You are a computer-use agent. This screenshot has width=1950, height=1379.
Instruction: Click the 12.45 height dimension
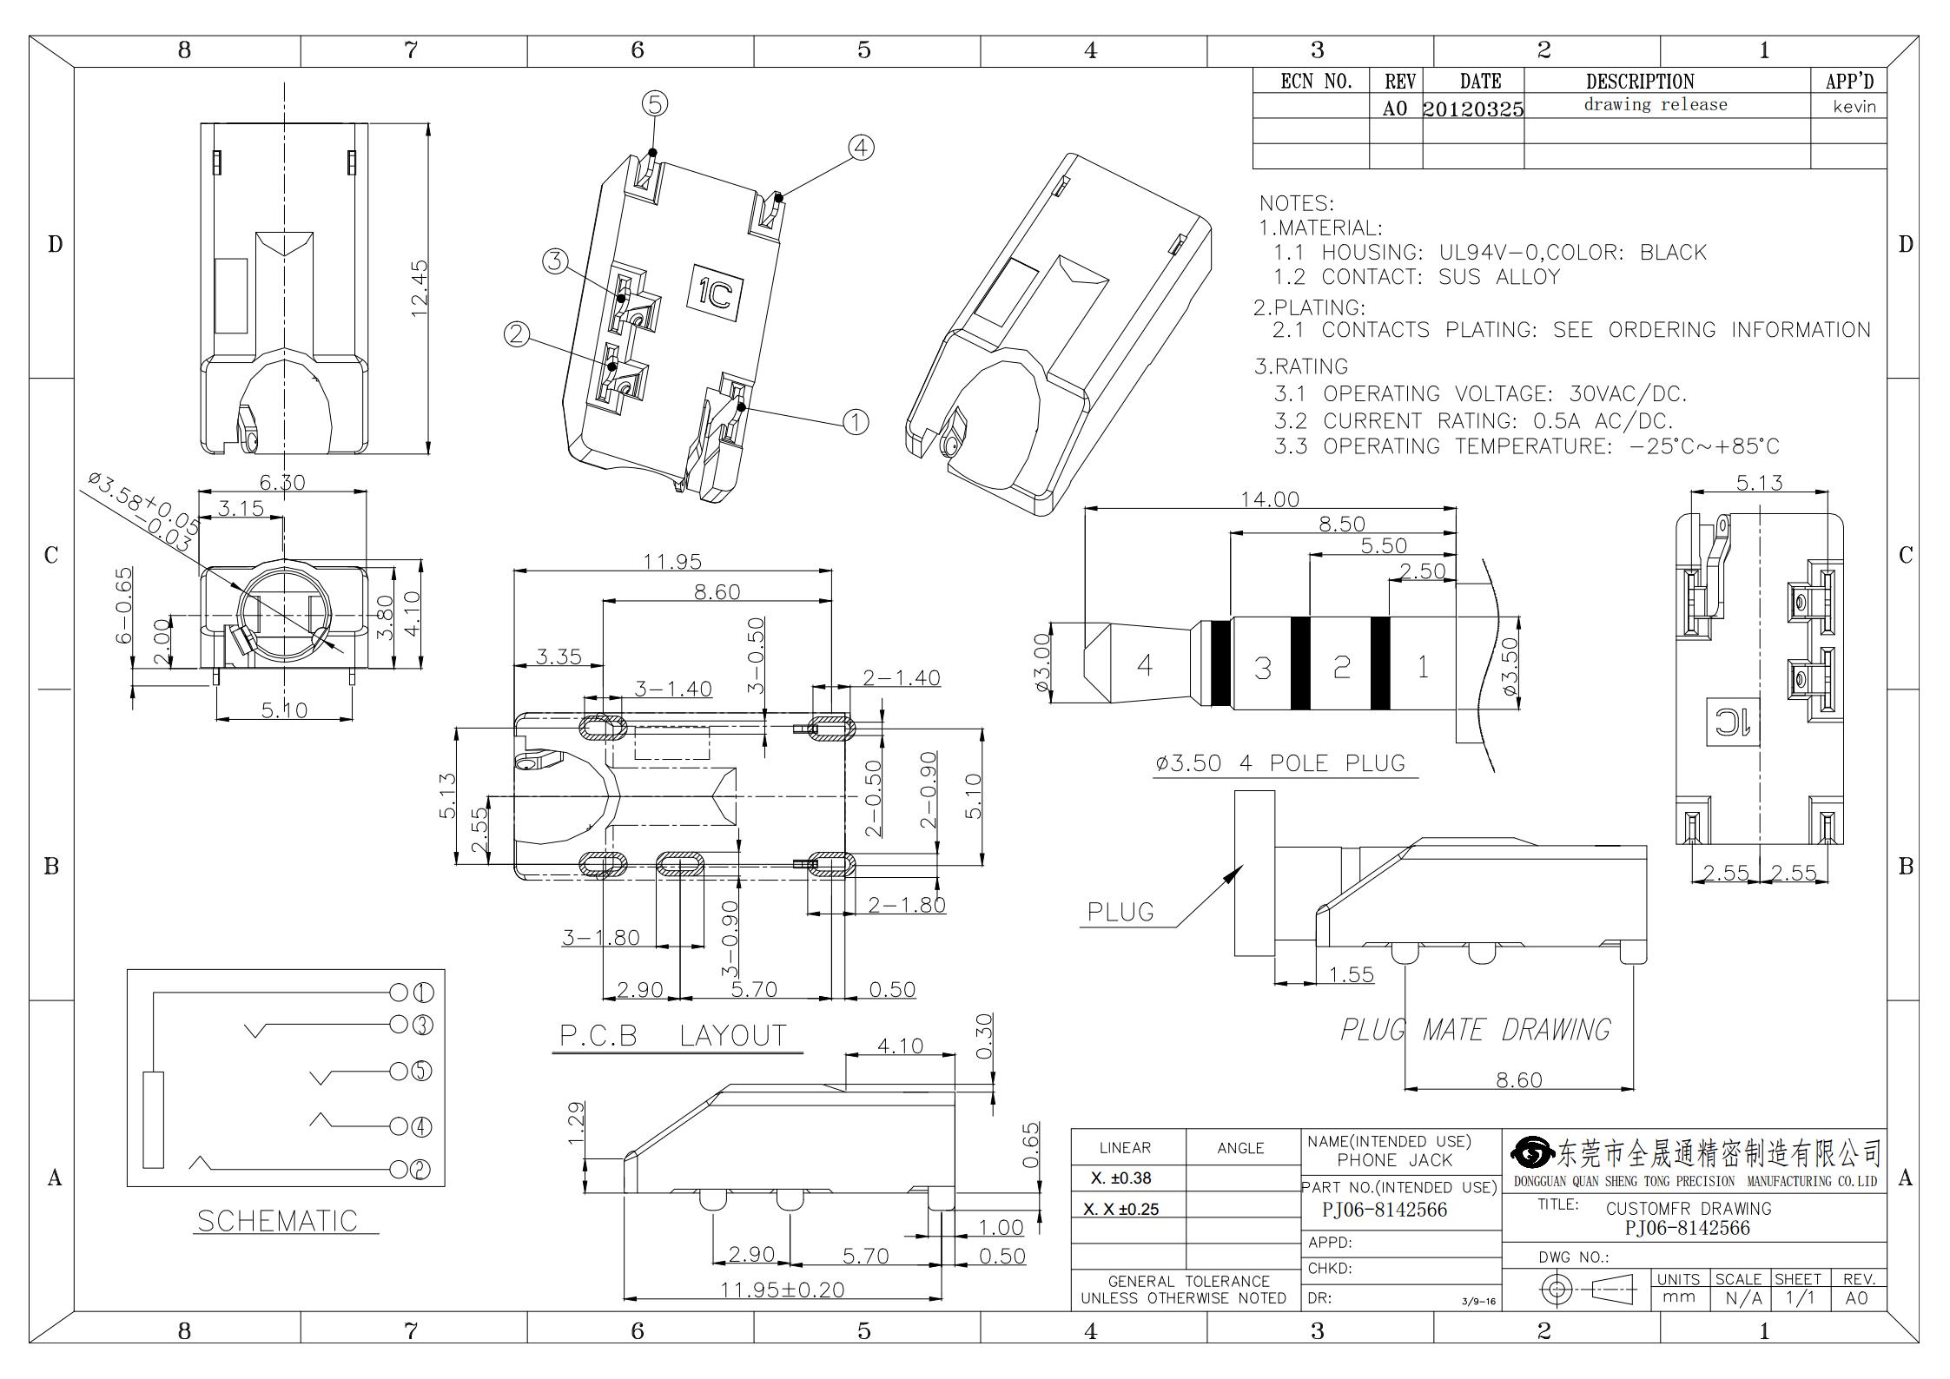(419, 288)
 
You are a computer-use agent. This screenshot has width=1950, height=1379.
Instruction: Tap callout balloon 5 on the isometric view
(655, 104)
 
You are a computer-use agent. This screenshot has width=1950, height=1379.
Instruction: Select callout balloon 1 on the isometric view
(856, 422)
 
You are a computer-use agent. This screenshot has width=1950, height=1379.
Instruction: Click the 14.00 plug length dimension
(1270, 499)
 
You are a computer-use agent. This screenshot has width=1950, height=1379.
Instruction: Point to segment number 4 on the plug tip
(1145, 665)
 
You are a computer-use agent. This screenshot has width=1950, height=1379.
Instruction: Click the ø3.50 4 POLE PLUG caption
(1279, 763)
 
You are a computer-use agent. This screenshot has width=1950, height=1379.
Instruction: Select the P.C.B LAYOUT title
(673, 1035)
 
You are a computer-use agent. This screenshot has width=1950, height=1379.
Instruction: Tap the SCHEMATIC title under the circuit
(277, 1221)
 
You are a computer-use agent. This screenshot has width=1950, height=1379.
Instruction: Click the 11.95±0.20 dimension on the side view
(782, 1290)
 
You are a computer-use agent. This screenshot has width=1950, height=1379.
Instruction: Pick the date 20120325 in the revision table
(1473, 109)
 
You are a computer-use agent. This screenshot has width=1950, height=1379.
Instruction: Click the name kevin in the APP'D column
(1854, 107)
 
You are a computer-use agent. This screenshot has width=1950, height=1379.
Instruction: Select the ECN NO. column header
(1317, 82)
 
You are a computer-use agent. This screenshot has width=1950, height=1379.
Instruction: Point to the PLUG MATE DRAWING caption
(1476, 1030)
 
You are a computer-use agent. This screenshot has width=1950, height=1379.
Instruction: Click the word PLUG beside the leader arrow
(1120, 912)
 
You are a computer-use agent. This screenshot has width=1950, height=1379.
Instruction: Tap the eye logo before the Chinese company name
(1533, 1152)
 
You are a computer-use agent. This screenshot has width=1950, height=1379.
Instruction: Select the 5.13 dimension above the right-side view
(1759, 483)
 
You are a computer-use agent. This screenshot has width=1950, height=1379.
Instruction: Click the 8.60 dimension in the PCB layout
(717, 592)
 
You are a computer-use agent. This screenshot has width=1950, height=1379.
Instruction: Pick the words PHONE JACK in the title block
(1394, 1160)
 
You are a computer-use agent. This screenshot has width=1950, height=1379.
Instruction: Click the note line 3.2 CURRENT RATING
(1473, 421)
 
